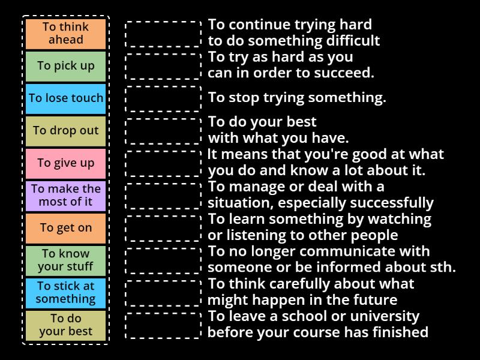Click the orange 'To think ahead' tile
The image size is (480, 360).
tap(66, 34)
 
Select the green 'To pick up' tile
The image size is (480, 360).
tap(66, 66)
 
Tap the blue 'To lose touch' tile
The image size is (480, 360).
tap(66, 98)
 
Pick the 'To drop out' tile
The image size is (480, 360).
tap(66, 131)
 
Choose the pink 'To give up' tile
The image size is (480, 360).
tap(66, 163)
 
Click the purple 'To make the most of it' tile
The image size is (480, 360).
tap(66, 196)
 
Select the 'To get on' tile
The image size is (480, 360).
tap(66, 228)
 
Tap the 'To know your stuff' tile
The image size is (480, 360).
tap(66, 260)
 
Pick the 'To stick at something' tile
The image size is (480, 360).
tap(66, 293)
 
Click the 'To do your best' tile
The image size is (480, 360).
tap(66, 325)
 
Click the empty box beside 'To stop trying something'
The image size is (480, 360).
tap(163, 98)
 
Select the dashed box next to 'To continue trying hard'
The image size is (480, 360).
tap(163, 34)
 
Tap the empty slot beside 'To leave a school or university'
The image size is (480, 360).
tap(163, 325)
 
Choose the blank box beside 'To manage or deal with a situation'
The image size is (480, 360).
tap(163, 196)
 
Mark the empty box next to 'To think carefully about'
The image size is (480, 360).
tap(163, 293)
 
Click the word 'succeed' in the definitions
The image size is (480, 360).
tap(348, 73)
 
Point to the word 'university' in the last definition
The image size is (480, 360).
tap(389, 316)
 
